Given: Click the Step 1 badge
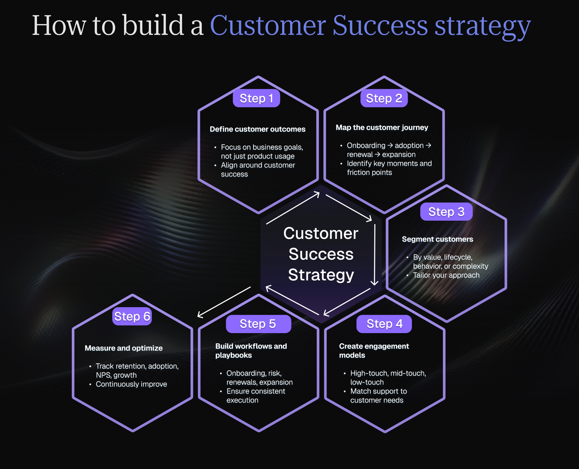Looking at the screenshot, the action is point(256,98).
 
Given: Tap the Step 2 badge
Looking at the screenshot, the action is point(384,98).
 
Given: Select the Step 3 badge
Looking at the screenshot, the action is point(446,212).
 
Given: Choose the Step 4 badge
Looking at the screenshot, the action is point(384,324).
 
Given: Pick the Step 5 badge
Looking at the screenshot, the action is point(258,324).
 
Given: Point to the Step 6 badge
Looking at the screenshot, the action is point(132,316).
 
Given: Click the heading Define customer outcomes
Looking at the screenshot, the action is point(258,129).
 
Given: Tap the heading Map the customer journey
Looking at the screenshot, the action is point(382,128).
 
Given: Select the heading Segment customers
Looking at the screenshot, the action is point(437,239).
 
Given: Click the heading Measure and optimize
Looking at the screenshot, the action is point(124,348).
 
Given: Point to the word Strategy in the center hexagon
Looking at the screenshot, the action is point(321,275).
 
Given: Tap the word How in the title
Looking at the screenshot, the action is point(59,25).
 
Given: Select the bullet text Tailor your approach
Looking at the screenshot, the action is point(446,275).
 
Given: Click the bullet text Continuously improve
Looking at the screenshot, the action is point(131,384).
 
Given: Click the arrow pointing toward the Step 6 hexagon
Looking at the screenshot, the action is point(224,302).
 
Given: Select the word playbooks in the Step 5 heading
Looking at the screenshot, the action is point(234,355).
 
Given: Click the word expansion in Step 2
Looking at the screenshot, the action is point(399,155).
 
